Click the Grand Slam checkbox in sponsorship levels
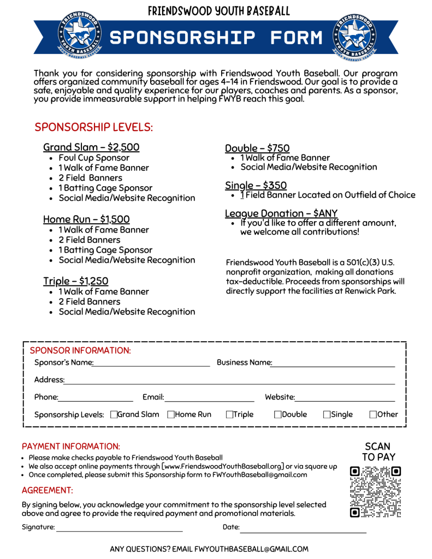114,415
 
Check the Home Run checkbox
171,415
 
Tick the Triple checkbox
229,415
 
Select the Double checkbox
277,415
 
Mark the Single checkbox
327,415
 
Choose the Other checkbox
373,415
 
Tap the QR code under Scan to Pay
375,491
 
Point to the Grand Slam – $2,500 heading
91,147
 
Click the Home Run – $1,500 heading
86,219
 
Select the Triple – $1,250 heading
76,281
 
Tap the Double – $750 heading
257,148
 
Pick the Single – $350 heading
256,186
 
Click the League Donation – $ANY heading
281,213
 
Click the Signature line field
119,528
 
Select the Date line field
303,528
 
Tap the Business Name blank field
333,364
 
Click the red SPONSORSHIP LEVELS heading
93,127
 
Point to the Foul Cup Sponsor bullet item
94,158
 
